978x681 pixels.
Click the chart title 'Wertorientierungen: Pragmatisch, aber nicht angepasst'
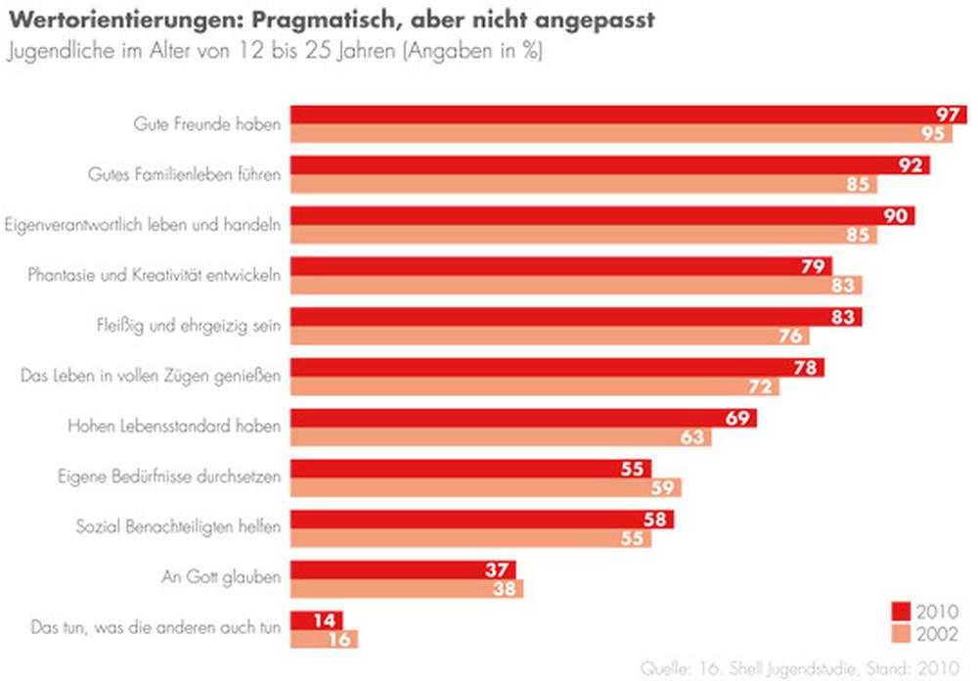click(x=332, y=19)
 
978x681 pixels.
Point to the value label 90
click(x=897, y=216)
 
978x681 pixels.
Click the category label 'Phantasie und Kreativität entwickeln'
click(x=156, y=276)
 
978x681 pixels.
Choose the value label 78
click(x=807, y=367)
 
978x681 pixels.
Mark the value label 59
click(x=663, y=487)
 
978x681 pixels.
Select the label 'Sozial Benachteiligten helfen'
click(x=179, y=526)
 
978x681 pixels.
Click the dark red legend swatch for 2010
click(x=901, y=612)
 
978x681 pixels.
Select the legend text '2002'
click(x=938, y=634)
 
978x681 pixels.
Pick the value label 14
click(x=326, y=620)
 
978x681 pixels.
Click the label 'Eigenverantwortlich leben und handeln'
click(x=144, y=225)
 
